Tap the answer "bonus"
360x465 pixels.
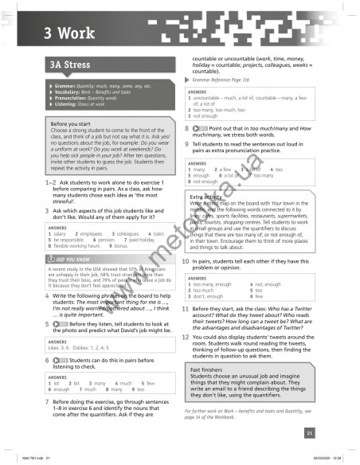click(x=120, y=247)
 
